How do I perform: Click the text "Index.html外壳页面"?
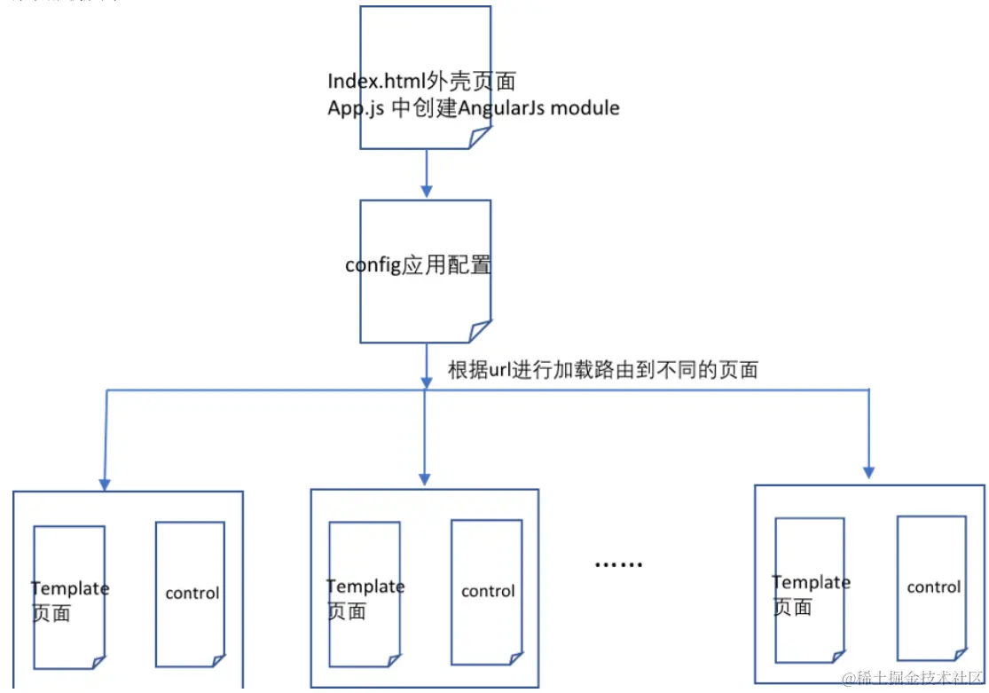click(x=421, y=81)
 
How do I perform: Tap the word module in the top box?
click(x=586, y=108)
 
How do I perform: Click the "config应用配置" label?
click(x=418, y=265)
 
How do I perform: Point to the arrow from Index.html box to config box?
click(x=427, y=173)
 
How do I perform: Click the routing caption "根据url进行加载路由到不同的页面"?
click(x=602, y=370)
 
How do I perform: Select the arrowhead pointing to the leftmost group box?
click(x=105, y=483)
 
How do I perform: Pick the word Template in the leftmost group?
click(x=70, y=588)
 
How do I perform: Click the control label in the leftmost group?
click(x=192, y=593)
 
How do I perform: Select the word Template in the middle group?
click(x=365, y=587)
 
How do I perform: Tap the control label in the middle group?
click(x=488, y=591)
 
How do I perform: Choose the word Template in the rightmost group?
click(x=811, y=582)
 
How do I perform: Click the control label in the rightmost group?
click(x=933, y=587)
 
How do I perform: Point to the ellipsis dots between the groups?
click(x=617, y=564)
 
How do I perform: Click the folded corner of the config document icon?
click(x=480, y=332)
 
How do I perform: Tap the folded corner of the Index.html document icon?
click(x=480, y=138)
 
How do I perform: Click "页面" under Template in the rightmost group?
click(x=792, y=607)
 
